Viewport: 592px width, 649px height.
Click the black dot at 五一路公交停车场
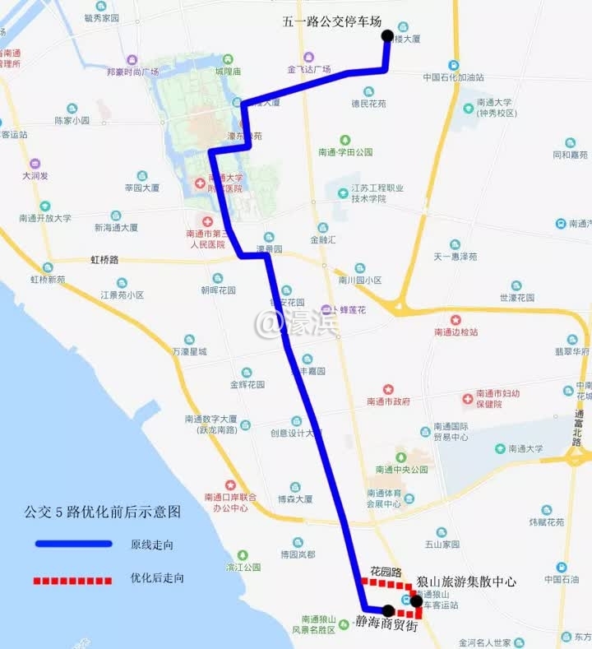(x=387, y=36)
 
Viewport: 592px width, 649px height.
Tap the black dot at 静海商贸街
(x=387, y=610)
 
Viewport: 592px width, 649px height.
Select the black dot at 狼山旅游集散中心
(x=416, y=600)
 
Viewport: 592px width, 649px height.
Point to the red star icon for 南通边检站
(x=456, y=320)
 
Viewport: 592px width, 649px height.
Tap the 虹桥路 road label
(x=104, y=260)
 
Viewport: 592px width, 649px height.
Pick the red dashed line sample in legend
(x=73, y=581)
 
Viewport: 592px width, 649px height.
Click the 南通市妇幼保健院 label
(x=497, y=398)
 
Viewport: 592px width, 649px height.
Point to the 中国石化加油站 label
(x=453, y=77)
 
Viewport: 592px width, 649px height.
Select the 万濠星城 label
(x=189, y=352)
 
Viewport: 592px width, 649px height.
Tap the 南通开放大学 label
(x=45, y=218)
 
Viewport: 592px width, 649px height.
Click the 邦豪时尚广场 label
(x=132, y=72)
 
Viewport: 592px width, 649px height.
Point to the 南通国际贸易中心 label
(x=451, y=432)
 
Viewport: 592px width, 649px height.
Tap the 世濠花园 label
(x=516, y=297)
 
